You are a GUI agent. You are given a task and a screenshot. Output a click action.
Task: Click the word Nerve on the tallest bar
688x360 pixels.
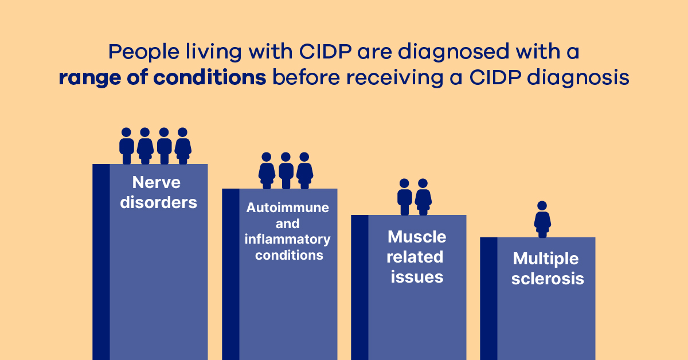156,182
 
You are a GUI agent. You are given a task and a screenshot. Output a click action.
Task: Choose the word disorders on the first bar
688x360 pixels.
158,202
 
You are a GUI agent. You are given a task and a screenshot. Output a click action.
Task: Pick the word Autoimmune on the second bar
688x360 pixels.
288,208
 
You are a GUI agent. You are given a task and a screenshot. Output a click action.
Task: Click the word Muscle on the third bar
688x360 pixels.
417,237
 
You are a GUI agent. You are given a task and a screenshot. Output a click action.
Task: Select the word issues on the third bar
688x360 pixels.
417,277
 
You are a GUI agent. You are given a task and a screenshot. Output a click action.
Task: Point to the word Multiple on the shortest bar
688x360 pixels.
546,259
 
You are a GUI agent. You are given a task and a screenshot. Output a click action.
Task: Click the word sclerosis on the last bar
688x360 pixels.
548,279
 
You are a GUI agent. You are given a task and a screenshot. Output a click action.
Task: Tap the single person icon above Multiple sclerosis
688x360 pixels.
542,219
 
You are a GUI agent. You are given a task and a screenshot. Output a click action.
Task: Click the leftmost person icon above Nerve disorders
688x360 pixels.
127,146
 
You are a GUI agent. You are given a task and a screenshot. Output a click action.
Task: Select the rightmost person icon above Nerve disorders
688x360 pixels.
183,146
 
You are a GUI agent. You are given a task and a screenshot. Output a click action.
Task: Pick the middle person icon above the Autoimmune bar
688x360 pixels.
286,170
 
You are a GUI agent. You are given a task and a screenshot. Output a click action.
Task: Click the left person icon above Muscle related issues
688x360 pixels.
405,197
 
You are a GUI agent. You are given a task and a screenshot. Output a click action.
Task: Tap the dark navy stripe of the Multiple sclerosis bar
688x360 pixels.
488,298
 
